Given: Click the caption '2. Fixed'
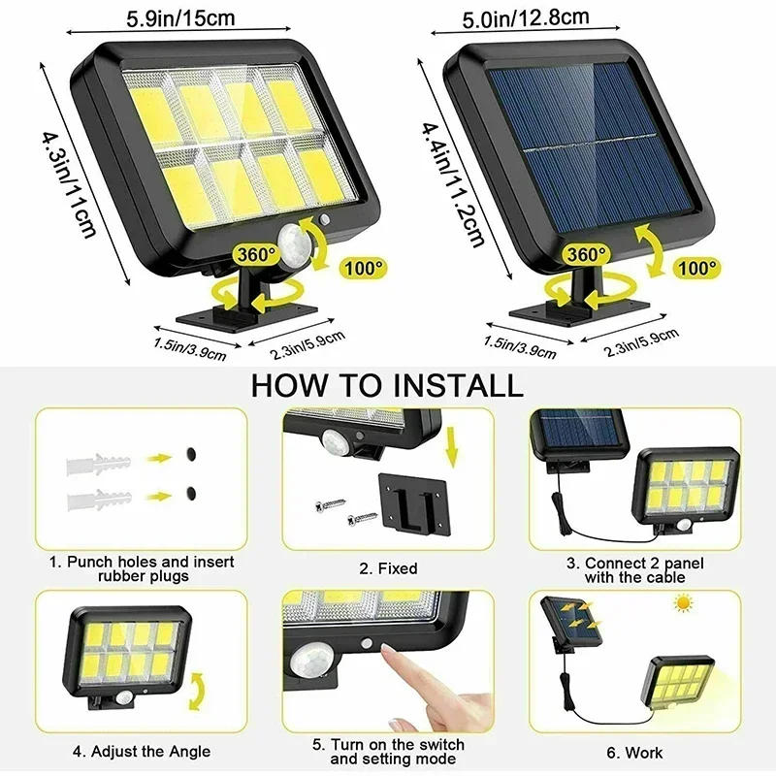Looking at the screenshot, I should point(388,568).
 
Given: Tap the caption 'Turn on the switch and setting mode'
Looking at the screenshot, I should point(388,752).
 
